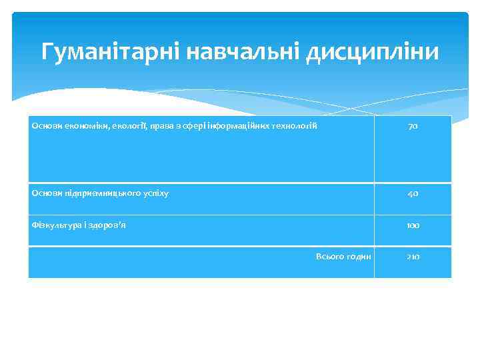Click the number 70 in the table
click(x=413, y=127)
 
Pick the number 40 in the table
click(x=413, y=193)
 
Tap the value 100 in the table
click(x=413, y=225)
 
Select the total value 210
click(x=413, y=257)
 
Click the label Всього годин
click(x=344, y=257)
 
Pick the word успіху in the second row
click(x=154, y=193)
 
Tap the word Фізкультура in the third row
click(x=57, y=225)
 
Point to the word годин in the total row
click(x=358, y=257)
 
